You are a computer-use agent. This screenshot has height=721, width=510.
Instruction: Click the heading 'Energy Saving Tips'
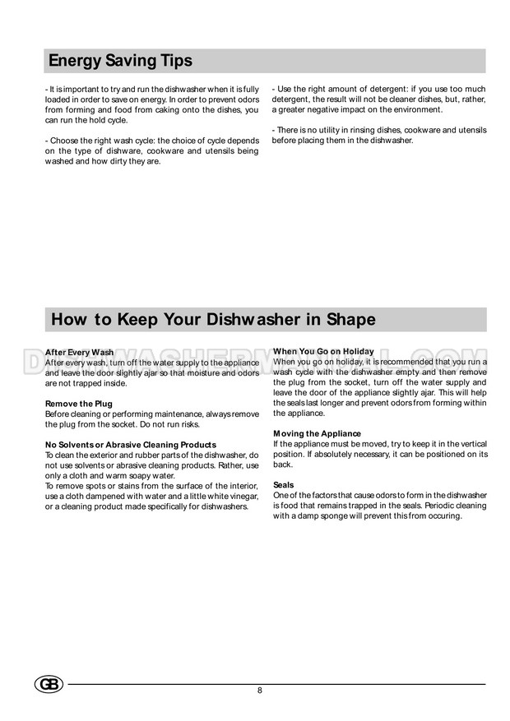pyautogui.click(x=120, y=61)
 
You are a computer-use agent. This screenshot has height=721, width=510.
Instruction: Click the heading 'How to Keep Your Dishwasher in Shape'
pyautogui.click(x=213, y=319)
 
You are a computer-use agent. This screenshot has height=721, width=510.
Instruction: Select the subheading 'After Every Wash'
pyautogui.click(x=79, y=352)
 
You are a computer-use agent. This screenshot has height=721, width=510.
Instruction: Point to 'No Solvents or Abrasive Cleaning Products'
pyautogui.click(x=131, y=445)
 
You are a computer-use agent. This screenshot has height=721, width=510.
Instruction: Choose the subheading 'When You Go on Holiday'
pyautogui.click(x=323, y=351)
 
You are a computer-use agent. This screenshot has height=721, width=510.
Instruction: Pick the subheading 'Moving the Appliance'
pyautogui.click(x=317, y=433)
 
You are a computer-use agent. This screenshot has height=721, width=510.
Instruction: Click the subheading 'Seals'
pyautogui.click(x=283, y=485)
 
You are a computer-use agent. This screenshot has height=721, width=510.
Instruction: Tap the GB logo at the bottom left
pyautogui.click(x=49, y=684)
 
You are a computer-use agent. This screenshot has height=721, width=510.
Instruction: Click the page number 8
pyautogui.click(x=260, y=690)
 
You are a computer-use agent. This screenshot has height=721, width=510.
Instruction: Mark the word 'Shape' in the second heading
pyautogui.click(x=348, y=319)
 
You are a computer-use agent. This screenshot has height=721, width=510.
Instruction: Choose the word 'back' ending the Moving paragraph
pyautogui.click(x=282, y=464)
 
